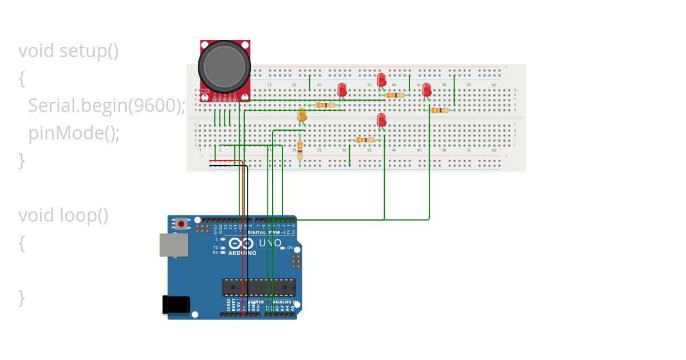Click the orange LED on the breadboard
tap(302, 115)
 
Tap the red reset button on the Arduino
tap(181, 223)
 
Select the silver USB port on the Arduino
tap(174, 245)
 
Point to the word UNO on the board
tap(270, 243)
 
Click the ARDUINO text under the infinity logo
tap(242, 252)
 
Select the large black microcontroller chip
tap(259, 287)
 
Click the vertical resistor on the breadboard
tap(300, 150)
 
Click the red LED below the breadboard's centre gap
tap(381, 119)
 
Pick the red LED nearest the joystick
tap(342, 89)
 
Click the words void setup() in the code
tap(68, 51)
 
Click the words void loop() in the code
tap(63, 215)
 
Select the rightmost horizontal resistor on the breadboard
tap(439, 110)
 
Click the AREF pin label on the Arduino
tap(216, 230)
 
